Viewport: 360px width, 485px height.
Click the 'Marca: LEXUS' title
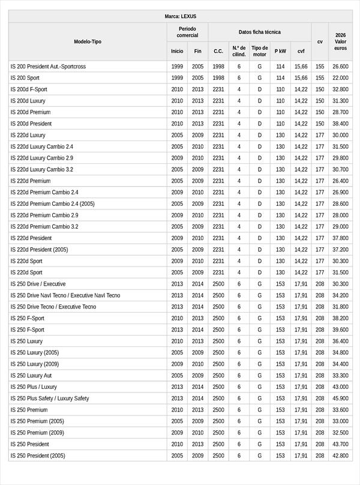pos(180,16)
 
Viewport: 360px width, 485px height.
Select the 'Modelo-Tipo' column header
pos(88,41)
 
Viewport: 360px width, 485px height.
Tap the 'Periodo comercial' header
pos(187,32)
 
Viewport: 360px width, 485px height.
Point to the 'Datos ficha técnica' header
pos(259,32)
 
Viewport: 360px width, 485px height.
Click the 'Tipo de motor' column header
pos(260,51)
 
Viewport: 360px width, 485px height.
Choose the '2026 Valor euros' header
pos(340,41)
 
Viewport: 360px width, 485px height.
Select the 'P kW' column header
pos(280,51)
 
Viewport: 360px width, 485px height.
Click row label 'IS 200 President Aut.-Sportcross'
pos(48,67)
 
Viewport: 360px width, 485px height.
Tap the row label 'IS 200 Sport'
pos(25,78)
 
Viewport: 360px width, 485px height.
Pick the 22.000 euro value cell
pos(340,78)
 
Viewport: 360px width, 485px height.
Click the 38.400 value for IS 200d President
pos(340,124)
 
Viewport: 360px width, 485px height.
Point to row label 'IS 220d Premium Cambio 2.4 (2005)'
pos(52,203)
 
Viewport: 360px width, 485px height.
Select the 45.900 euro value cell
pos(340,399)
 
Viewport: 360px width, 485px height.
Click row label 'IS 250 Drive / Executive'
pos(38,284)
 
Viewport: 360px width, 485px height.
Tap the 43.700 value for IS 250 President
pos(340,444)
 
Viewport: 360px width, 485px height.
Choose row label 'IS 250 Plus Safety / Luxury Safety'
pos(50,399)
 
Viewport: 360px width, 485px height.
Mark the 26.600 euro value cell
pos(340,67)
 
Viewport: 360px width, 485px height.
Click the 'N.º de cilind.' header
pos(239,51)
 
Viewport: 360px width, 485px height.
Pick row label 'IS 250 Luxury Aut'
pos(31,376)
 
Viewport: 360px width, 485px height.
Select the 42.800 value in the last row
pos(340,456)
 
